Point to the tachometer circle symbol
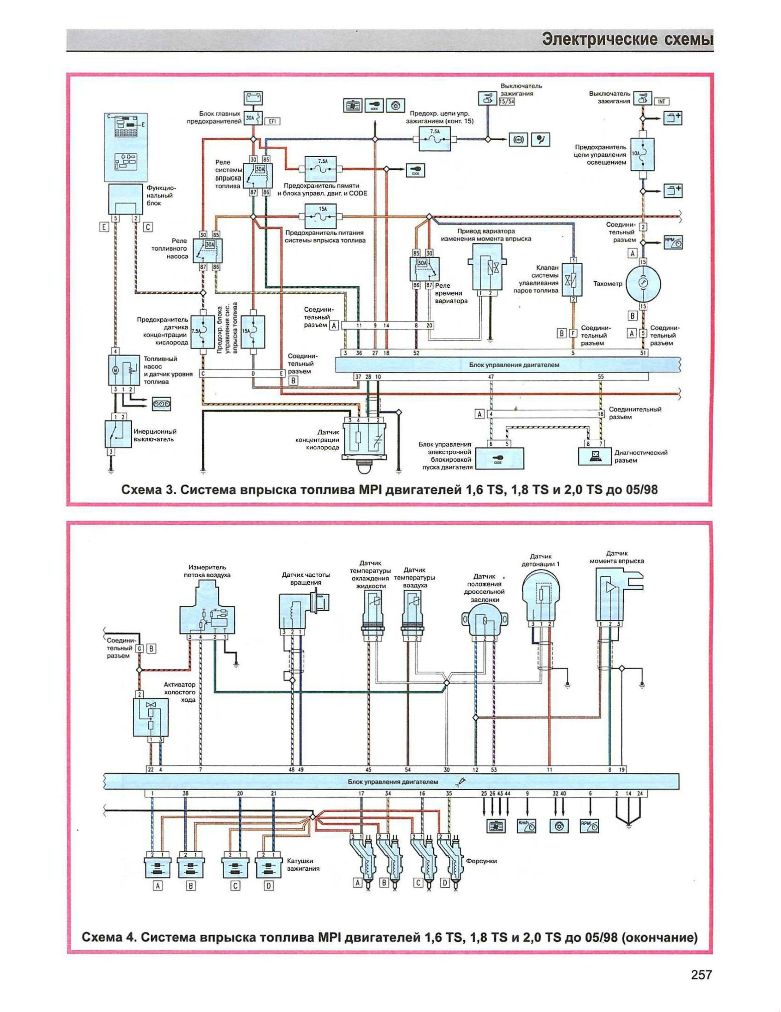[x=643, y=284]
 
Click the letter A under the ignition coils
[x=158, y=886]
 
